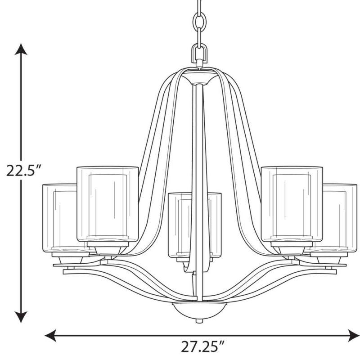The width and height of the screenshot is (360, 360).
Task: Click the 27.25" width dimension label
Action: tap(202, 347)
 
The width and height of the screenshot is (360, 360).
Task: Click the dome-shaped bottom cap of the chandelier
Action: tap(199, 309)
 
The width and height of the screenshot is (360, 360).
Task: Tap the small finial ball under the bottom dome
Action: tap(199, 321)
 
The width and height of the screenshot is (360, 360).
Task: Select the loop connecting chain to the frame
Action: tap(199, 53)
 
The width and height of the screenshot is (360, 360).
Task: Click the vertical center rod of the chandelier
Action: tap(197, 180)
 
